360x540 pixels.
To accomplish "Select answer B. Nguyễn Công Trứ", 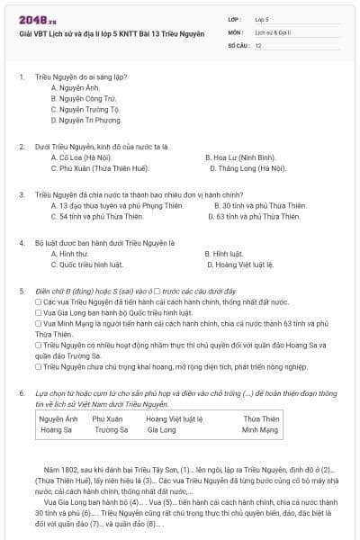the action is tap(84, 98).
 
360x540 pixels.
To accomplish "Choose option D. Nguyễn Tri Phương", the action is tap(86, 120).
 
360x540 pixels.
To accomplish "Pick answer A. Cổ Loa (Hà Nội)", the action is tap(82, 157).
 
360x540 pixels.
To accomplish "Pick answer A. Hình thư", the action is tap(68, 254).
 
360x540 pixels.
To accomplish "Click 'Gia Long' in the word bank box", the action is tap(161, 430).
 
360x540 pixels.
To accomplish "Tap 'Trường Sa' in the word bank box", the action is tap(111, 430).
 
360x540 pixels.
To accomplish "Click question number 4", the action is tap(22, 243).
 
